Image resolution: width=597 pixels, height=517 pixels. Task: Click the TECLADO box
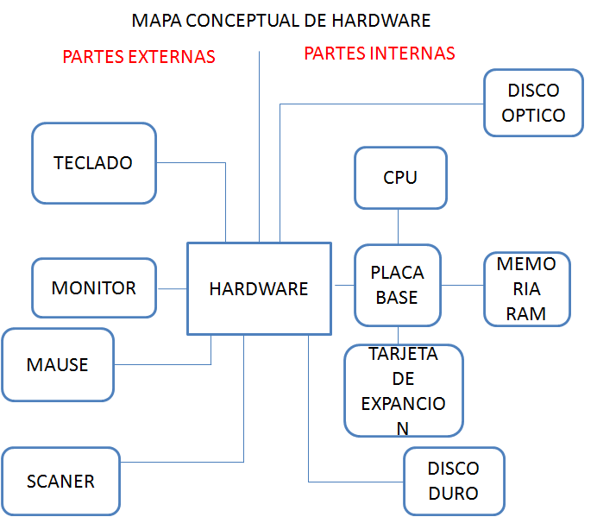coord(93,162)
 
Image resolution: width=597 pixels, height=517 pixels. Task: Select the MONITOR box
coord(94,287)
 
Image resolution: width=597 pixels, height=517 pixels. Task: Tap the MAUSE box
coord(58,364)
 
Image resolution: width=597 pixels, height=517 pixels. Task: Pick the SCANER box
coord(60,481)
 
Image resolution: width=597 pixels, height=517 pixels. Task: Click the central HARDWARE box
coord(259,289)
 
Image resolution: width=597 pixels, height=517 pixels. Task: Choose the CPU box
coord(400,178)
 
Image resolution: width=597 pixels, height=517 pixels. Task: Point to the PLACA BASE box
coord(398,285)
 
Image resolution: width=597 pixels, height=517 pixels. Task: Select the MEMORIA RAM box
coord(526,289)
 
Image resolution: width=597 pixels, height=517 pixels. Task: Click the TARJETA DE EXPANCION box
coord(403,391)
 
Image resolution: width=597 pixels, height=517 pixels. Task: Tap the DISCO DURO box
coord(454,481)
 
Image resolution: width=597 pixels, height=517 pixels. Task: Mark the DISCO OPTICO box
coord(533,103)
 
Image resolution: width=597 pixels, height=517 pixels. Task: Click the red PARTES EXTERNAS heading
coord(139,57)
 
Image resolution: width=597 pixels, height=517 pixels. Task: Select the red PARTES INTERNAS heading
coord(380,54)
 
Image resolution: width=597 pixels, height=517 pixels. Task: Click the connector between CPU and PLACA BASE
coord(398,226)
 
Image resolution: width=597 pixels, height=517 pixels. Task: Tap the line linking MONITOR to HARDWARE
coord(173,288)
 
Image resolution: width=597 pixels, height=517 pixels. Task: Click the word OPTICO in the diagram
coord(533,115)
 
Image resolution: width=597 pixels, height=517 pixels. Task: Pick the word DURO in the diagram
coord(454,494)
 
